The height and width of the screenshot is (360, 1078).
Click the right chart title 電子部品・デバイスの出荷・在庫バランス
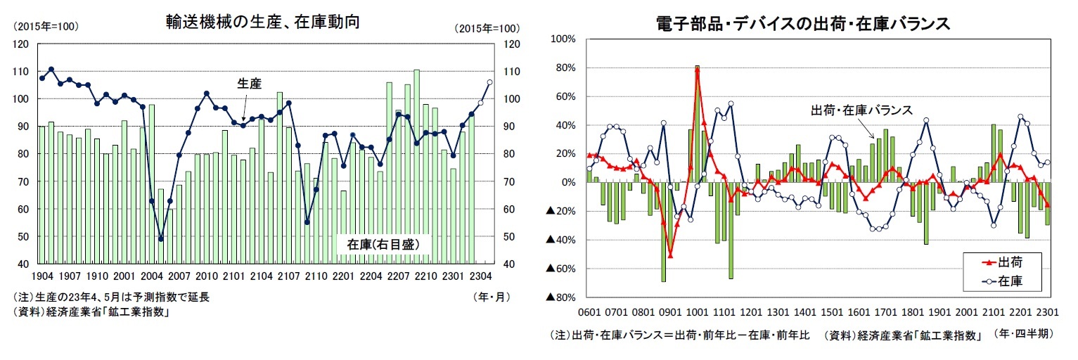pyautogui.click(x=803, y=23)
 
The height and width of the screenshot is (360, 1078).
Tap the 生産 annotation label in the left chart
pyautogui.click(x=248, y=84)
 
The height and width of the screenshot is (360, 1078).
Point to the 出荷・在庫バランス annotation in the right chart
pyautogui.click(x=861, y=110)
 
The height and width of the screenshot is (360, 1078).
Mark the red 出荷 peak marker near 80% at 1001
pyautogui.click(x=697, y=69)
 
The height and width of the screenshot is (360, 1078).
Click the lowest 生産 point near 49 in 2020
pyautogui.click(x=160, y=239)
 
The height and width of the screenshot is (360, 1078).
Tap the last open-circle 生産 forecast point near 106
pyautogui.click(x=489, y=82)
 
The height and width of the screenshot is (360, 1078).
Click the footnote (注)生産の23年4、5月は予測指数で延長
pyautogui.click(x=114, y=297)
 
